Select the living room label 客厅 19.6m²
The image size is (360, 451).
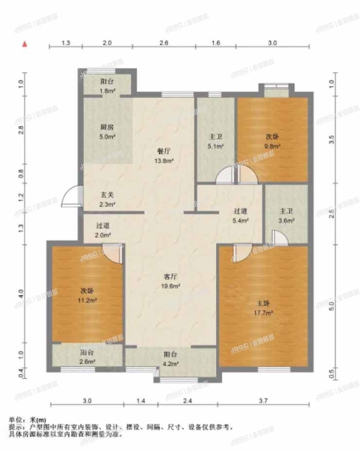172,281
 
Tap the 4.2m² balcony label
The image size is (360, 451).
170,359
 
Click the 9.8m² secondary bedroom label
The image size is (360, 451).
273,140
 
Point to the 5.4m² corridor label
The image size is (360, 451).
241,215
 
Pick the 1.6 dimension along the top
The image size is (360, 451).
216,43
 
